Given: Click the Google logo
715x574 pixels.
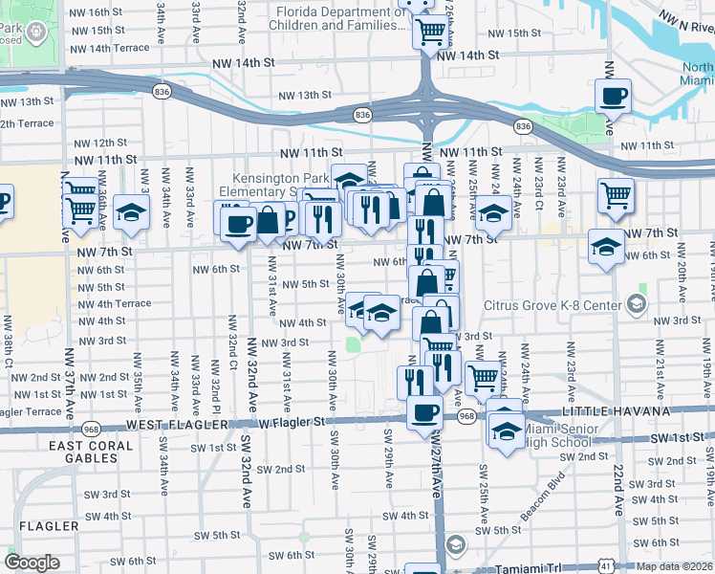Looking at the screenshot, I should coord(32,563).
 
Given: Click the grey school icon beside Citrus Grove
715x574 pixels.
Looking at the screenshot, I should coord(637,305).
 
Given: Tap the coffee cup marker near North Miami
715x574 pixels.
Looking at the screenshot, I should coord(613,96).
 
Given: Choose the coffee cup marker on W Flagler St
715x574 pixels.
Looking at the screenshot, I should coord(424,413).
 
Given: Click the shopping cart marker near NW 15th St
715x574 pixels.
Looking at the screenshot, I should coord(430,32).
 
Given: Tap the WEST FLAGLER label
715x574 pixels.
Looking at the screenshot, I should coord(183,424).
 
